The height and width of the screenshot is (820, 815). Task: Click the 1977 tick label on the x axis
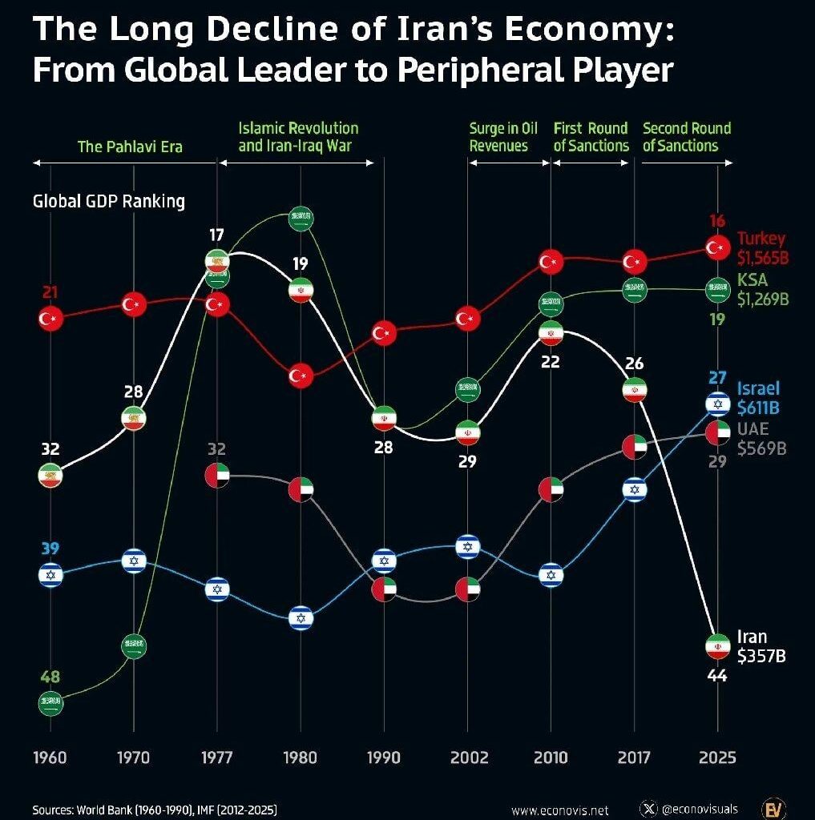coord(216,758)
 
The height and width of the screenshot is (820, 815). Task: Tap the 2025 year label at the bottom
coord(716,758)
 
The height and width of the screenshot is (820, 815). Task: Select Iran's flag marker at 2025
coord(716,645)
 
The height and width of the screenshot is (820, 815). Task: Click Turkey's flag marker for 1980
coord(301,374)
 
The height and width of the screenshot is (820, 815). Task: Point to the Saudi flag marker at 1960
coord(50,704)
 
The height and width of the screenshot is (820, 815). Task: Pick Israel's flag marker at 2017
coord(634,488)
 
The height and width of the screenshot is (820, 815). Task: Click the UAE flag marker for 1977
coord(217,476)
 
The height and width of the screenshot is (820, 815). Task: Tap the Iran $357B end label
coord(761,646)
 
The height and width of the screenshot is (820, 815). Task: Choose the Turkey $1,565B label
coord(761,247)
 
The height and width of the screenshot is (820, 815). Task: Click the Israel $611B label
coord(758,398)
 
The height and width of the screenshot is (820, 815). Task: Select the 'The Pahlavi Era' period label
coord(130,147)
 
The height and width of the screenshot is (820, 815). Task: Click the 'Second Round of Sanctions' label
coord(686,137)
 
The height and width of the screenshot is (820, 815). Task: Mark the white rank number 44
coord(716,676)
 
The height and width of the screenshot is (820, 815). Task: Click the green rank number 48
coord(50,677)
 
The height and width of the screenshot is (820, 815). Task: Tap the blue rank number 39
coord(50,549)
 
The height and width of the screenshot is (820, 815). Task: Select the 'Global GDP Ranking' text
coord(108,201)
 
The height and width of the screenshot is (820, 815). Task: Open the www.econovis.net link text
coord(559,810)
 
